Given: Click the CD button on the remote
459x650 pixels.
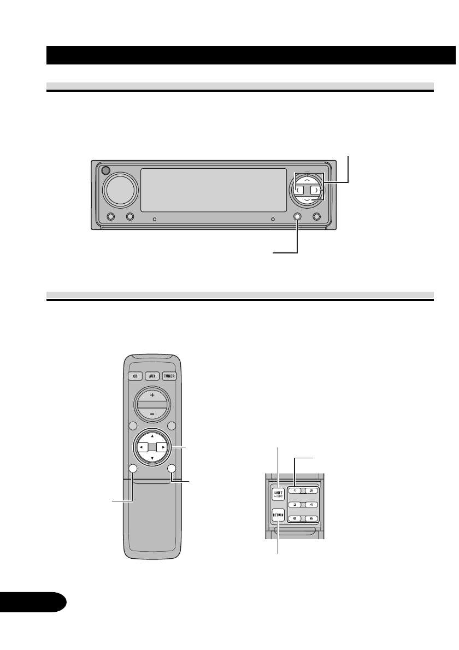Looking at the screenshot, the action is click(x=133, y=377).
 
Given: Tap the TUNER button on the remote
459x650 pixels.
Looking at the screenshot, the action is click(x=169, y=377).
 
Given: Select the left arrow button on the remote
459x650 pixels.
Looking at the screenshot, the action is click(x=140, y=447).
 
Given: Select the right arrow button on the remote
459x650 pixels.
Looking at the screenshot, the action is click(x=162, y=447).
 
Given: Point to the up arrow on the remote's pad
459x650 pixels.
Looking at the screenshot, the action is click(x=151, y=435).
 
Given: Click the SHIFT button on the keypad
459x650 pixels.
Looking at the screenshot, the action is click(x=278, y=494).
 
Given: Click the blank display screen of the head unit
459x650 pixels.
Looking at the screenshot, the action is click(x=214, y=190).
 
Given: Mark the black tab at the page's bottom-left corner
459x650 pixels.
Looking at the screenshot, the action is click(x=33, y=600).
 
